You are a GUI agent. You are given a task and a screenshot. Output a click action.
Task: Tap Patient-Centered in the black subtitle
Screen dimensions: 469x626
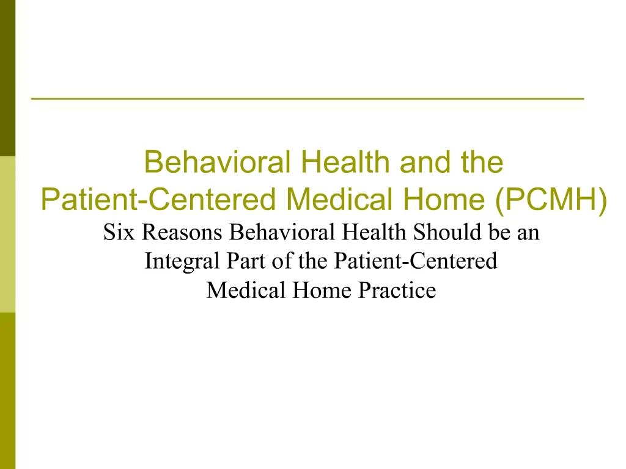[416, 261]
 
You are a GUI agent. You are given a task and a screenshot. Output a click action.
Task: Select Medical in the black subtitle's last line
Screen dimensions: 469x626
[246, 290]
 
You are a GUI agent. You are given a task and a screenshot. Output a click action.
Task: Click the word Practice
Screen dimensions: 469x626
[397, 290]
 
